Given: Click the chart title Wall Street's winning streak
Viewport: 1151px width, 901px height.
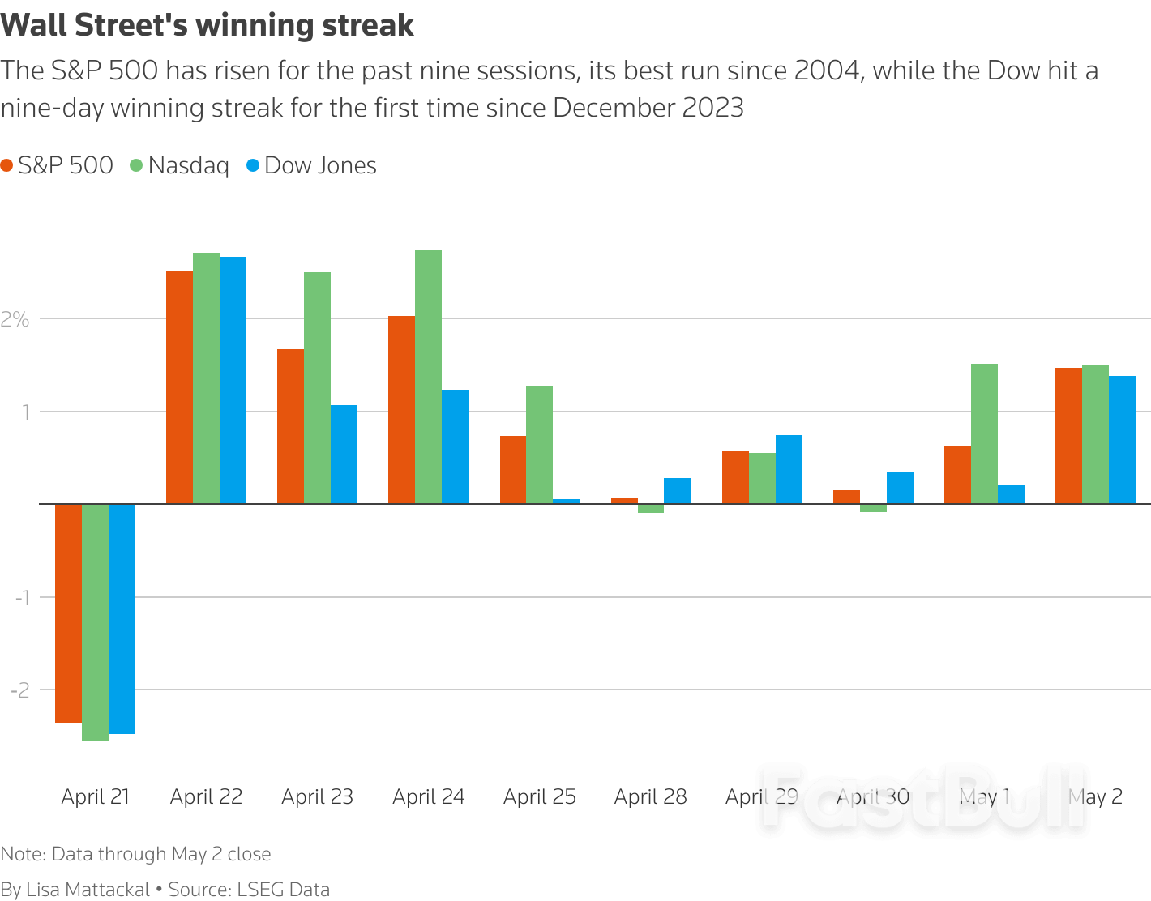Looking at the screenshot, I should click(208, 25).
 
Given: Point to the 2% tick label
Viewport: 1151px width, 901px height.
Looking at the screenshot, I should click(15, 319).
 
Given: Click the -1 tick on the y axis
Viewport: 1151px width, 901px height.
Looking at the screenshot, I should click(22, 597).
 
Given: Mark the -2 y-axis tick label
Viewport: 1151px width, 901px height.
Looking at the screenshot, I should click(21, 690).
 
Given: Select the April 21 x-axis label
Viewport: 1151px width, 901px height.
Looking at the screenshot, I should click(96, 796).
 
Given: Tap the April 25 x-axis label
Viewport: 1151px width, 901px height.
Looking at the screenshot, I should click(540, 796).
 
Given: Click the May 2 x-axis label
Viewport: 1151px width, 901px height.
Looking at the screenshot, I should click(1095, 796).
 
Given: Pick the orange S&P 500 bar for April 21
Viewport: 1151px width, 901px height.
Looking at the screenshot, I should click(68, 613).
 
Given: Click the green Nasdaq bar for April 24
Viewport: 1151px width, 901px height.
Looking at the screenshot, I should click(428, 377).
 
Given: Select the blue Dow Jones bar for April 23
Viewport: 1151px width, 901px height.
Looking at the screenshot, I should click(344, 455).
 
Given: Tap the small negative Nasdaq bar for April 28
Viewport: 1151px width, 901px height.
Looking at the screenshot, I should click(651, 509).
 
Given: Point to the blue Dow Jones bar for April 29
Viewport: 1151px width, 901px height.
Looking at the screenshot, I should click(789, 469).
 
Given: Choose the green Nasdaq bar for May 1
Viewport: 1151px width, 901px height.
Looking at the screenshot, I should click(984, 433).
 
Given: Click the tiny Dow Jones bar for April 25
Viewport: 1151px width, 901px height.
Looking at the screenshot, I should click(566, 502).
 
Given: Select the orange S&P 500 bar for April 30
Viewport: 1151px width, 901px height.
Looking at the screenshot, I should click(846, 497).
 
